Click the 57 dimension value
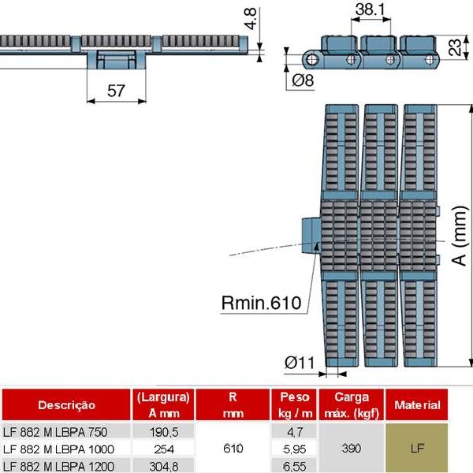pyautogui.click(x=115, y=91)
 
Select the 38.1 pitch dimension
pyautogui.click(x=365, y=10)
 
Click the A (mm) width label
pyautogui.click(x=460, y=237)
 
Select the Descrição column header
pyautogui.click(x=66, y=405)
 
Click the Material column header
pyautogui.click(x=417, y=405)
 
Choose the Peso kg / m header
pyautogui.click(x=294, y=404)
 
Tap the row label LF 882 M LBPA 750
pyautogui.click(x=55, y=431)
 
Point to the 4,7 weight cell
pyautogui.click(x=294, y=431)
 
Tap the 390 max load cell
pyautogui.click(x=352, y=449)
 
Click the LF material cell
pyautogui.click(x=417, y=449)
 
